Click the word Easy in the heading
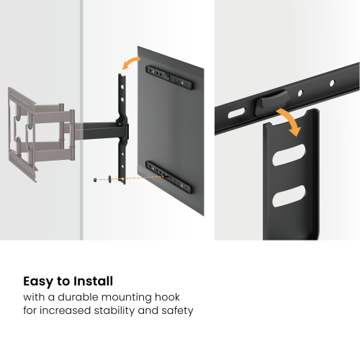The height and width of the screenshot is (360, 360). (40, 282)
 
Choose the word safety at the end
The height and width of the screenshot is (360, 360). (176, 311)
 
